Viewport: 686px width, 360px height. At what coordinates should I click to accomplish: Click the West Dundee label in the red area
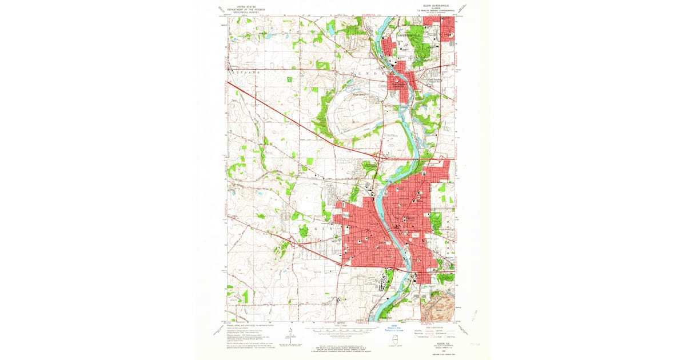[x=399, y=85]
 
